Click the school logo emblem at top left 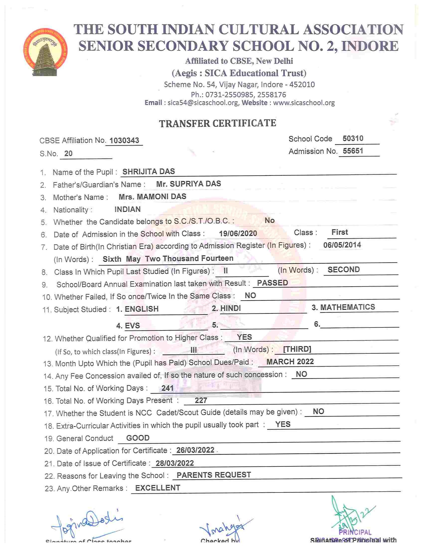pyautogui.click(x=46, y=52)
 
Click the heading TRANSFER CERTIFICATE pyautogui.click(x=217, y=123)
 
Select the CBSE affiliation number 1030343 pyautogui.click(x=124, y=140)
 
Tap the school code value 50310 pyautogui.click(x=353, y=138)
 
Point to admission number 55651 pyautogui.click(x=353, y=151)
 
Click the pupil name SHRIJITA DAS pyautogui.click(x=149, y=172)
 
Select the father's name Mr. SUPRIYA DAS pyautogui.click(x=188, y=184)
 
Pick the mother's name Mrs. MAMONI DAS pyautogui.click(x=152, y=197)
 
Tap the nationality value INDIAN pyautogui.click(x=127, y=209)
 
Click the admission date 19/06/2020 pyautogui.click(x=238, y=234)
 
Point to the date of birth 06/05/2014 pyautogui.click(x=342, y=245)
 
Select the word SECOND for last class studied pyautogui.click(x=344, y=269)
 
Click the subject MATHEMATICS pyautogui.click(x=348, y=307)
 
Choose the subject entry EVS pyautogui.click(x=132, y=326)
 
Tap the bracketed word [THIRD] pyautogui.click(x=297, y=349)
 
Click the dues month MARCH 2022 pyautogui.click(x=290, y=362)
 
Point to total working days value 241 pyautogui.click(x=167, y=388)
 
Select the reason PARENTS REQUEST pyautogui.click(x=214, y=475)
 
